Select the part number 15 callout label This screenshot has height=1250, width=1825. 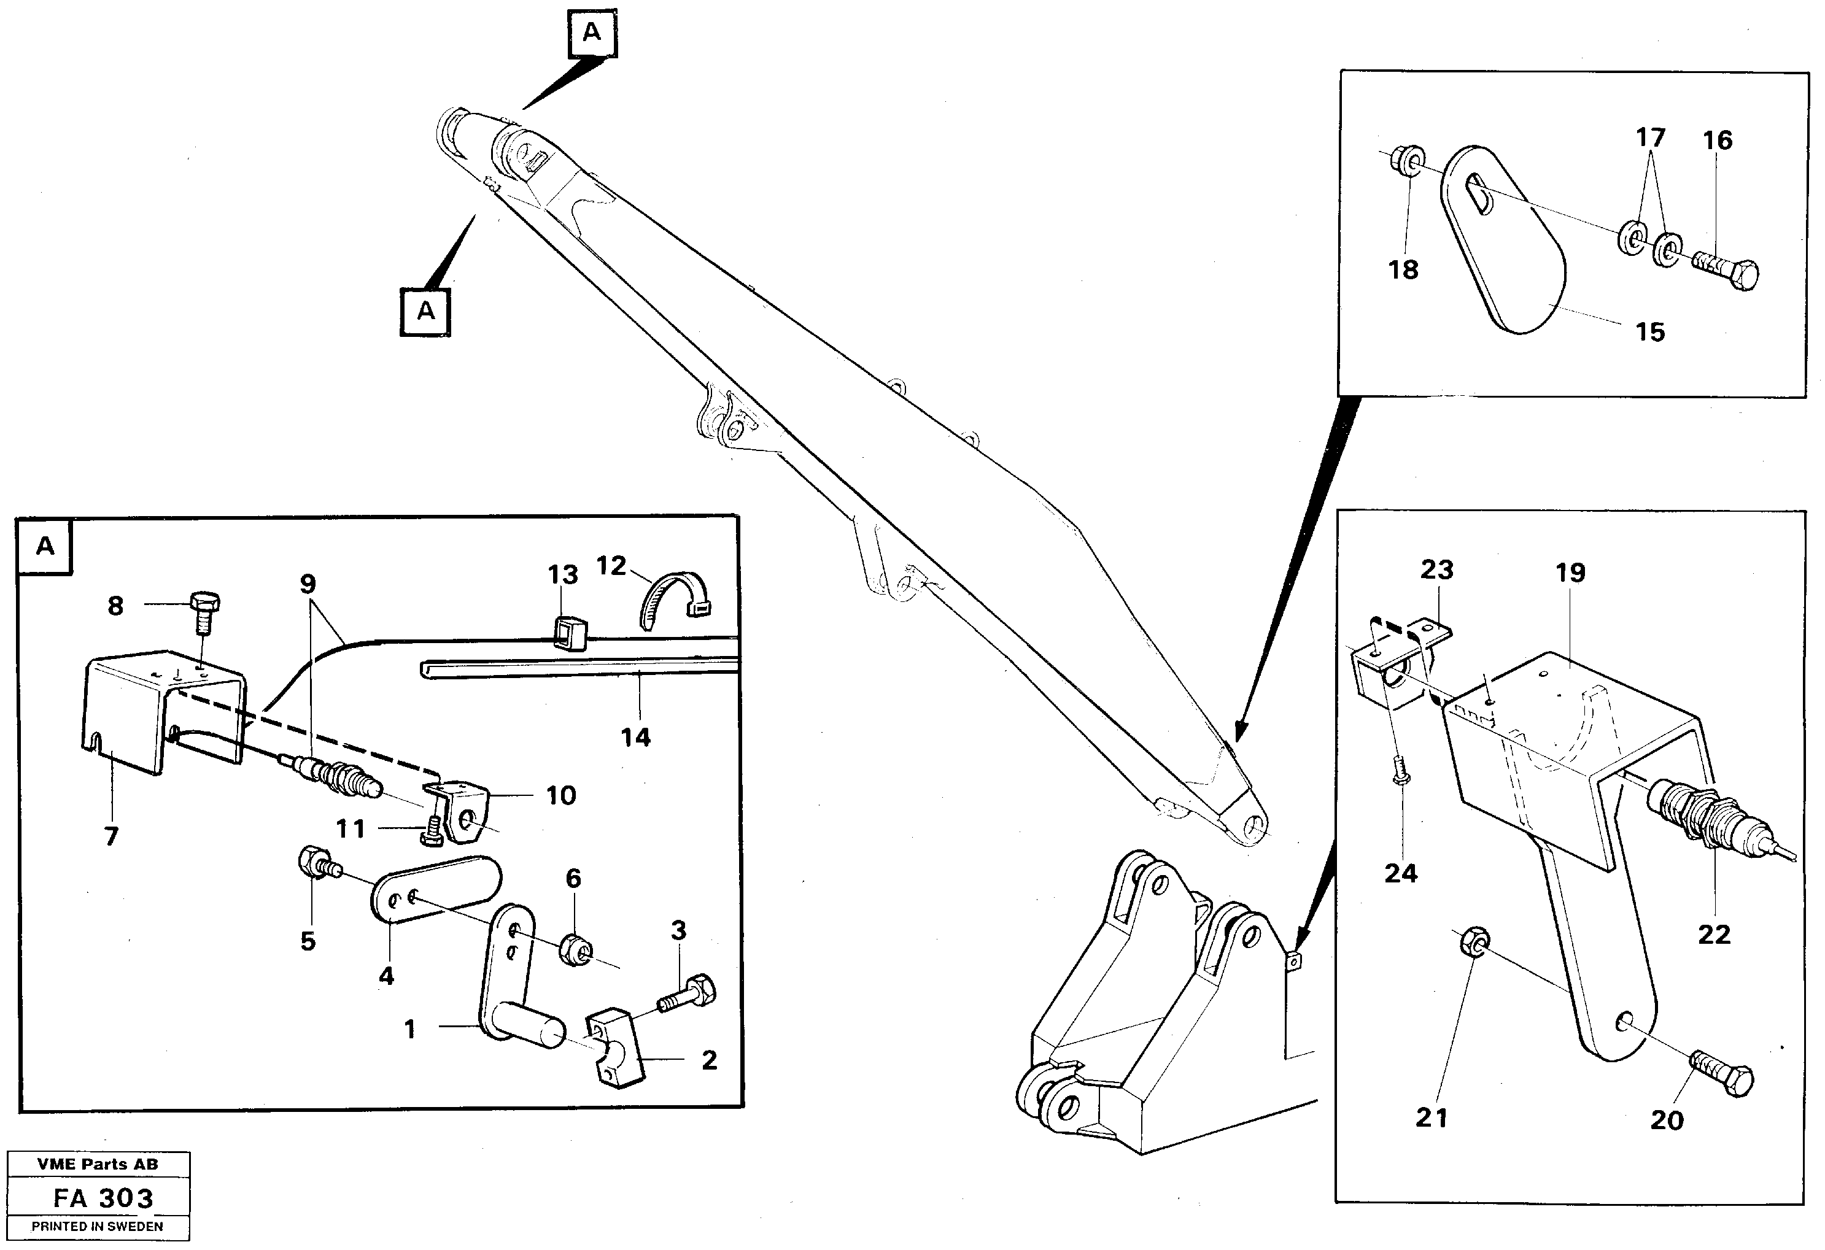coord(1650,332)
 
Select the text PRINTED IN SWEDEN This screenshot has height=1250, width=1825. coord(98,1227)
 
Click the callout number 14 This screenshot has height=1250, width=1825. coord(635,737)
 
